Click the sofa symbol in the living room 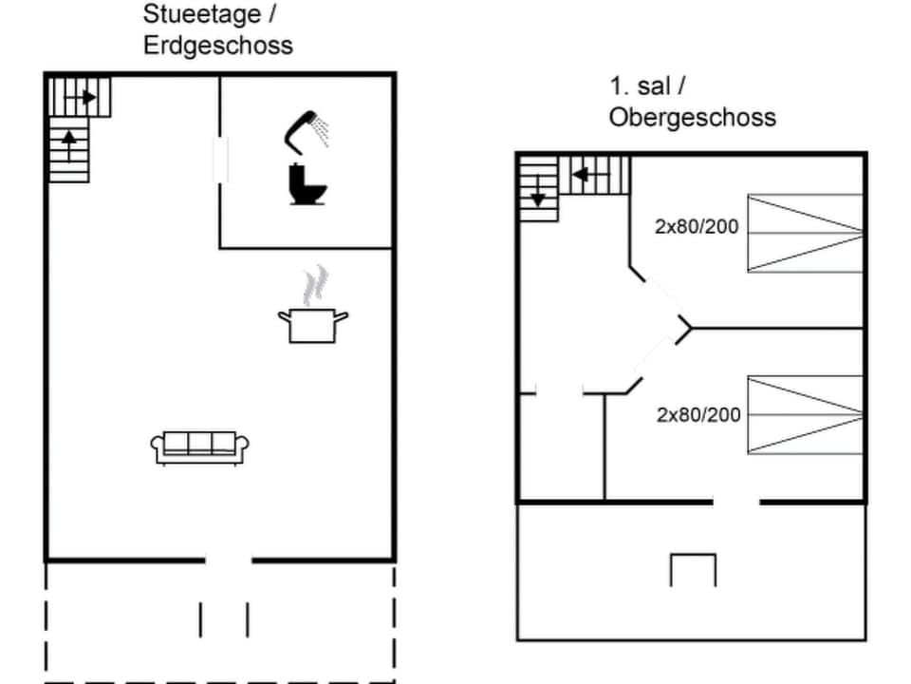200,446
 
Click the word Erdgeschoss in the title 218,45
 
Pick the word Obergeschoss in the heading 692,117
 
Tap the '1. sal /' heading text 647,86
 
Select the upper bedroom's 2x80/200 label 697,226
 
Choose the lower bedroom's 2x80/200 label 698,414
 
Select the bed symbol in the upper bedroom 805,233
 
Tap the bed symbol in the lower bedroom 805,415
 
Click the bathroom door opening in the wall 220,158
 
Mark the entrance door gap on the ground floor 229,560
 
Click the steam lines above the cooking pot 315,284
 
